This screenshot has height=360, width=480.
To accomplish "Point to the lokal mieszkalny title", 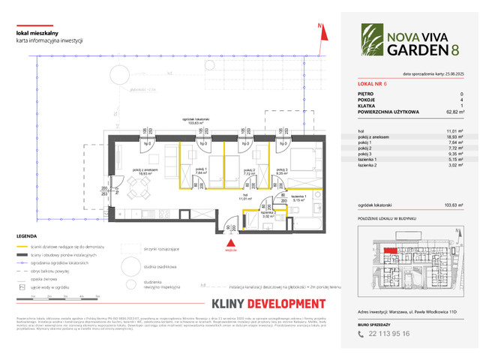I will [x=35, y=31].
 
